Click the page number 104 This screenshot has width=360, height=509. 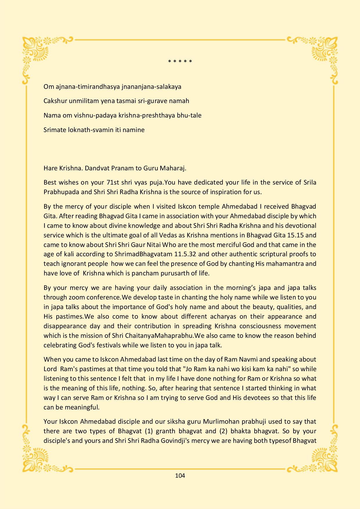(180, 476)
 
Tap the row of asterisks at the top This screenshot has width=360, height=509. (180, 62)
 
